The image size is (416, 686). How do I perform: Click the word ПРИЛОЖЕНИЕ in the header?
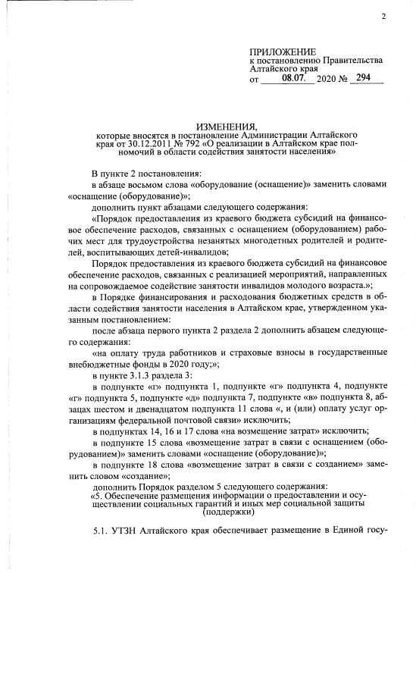(x=281, y=50)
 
